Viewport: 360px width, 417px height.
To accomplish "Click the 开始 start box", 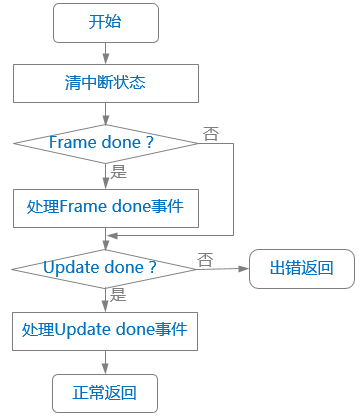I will [x=105, y=22].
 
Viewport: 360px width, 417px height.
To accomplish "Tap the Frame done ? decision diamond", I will [x=105, y=143].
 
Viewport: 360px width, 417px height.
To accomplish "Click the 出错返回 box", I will [x=301, y=268].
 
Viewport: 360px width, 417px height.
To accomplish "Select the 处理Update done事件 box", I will [x=105, y=328].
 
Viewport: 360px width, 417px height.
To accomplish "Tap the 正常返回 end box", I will [x=105, y=392].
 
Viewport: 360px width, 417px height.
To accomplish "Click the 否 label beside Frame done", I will [x=211, y=133].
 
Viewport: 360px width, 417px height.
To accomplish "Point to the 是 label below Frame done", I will [x=119, y=172].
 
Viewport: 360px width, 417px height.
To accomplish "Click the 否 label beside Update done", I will [x=205, y=259].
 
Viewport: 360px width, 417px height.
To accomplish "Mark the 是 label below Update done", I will [x=118, y=295].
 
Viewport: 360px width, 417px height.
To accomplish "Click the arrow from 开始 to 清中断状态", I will [x=105, y=54].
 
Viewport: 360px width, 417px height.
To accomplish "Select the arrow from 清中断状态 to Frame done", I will [x=105, y=112].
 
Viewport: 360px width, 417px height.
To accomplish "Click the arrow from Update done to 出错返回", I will [x=223, y=268].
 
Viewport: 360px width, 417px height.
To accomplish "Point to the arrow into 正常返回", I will [x=105, y=361].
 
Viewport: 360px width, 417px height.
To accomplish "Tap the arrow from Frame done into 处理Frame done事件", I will [x=105, y=176].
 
